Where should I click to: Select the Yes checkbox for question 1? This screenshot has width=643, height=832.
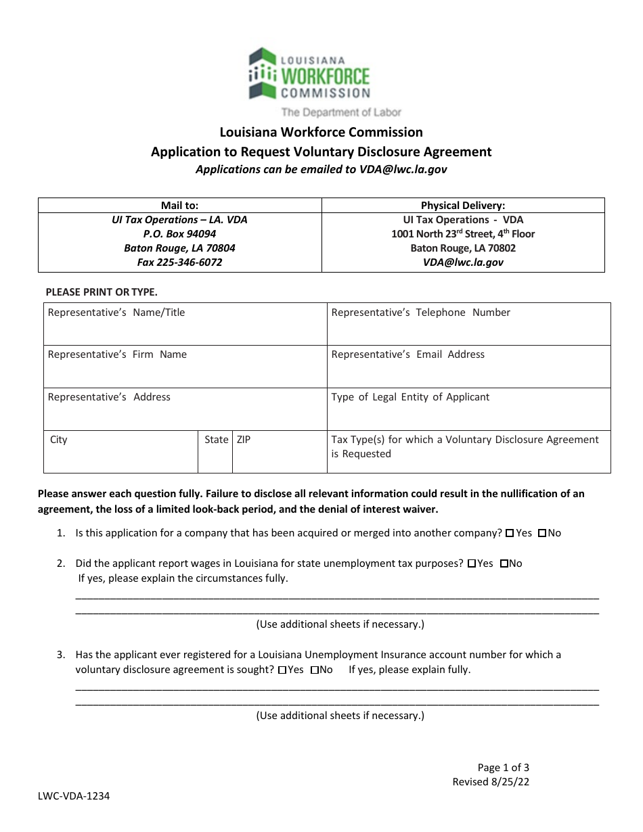[x=510, y=533]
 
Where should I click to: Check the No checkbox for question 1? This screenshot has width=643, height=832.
[x=542, y=533]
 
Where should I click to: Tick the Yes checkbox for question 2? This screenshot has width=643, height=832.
[x=471, y=563]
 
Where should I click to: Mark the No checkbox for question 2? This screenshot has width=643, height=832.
[x=504, y=563]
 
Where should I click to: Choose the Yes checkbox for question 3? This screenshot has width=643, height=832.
[x=282, y=670]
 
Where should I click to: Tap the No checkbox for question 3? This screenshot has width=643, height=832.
[x=314, y=670]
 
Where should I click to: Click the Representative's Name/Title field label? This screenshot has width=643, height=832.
[x=116, y=313]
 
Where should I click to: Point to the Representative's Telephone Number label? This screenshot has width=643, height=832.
[x=420, y=313]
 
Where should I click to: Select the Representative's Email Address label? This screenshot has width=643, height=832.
[x=407, y=354]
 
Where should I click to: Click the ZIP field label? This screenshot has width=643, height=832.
[x=243, y=440]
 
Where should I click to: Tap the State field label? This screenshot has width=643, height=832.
[x=216, y=440]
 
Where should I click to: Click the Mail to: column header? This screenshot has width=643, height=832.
[x=179, y=206]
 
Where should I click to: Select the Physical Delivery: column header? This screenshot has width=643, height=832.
[x=463, y=206]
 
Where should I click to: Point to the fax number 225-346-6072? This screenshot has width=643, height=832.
[x=179, y=262]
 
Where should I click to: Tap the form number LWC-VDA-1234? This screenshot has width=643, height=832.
[x=74, y=796]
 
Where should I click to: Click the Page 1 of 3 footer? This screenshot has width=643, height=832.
[x=503, y=767]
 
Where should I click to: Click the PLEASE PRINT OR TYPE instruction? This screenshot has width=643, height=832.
[x=101, y=292]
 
